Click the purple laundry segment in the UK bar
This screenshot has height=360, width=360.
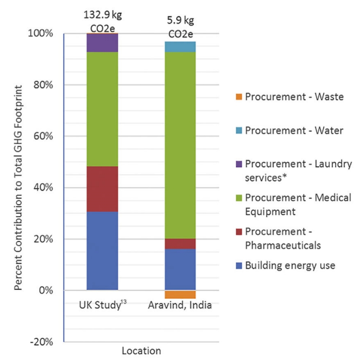tap(102, 43)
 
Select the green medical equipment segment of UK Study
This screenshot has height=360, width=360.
tap(102, 109)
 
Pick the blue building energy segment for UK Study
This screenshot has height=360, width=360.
tap(102, 250)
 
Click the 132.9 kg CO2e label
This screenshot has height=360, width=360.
tap(103, 19)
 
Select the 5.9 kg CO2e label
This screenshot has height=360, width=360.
tap(180, 27)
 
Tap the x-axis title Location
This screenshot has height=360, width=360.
tap(141, 351)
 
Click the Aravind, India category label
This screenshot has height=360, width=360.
tap(180, 305)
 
